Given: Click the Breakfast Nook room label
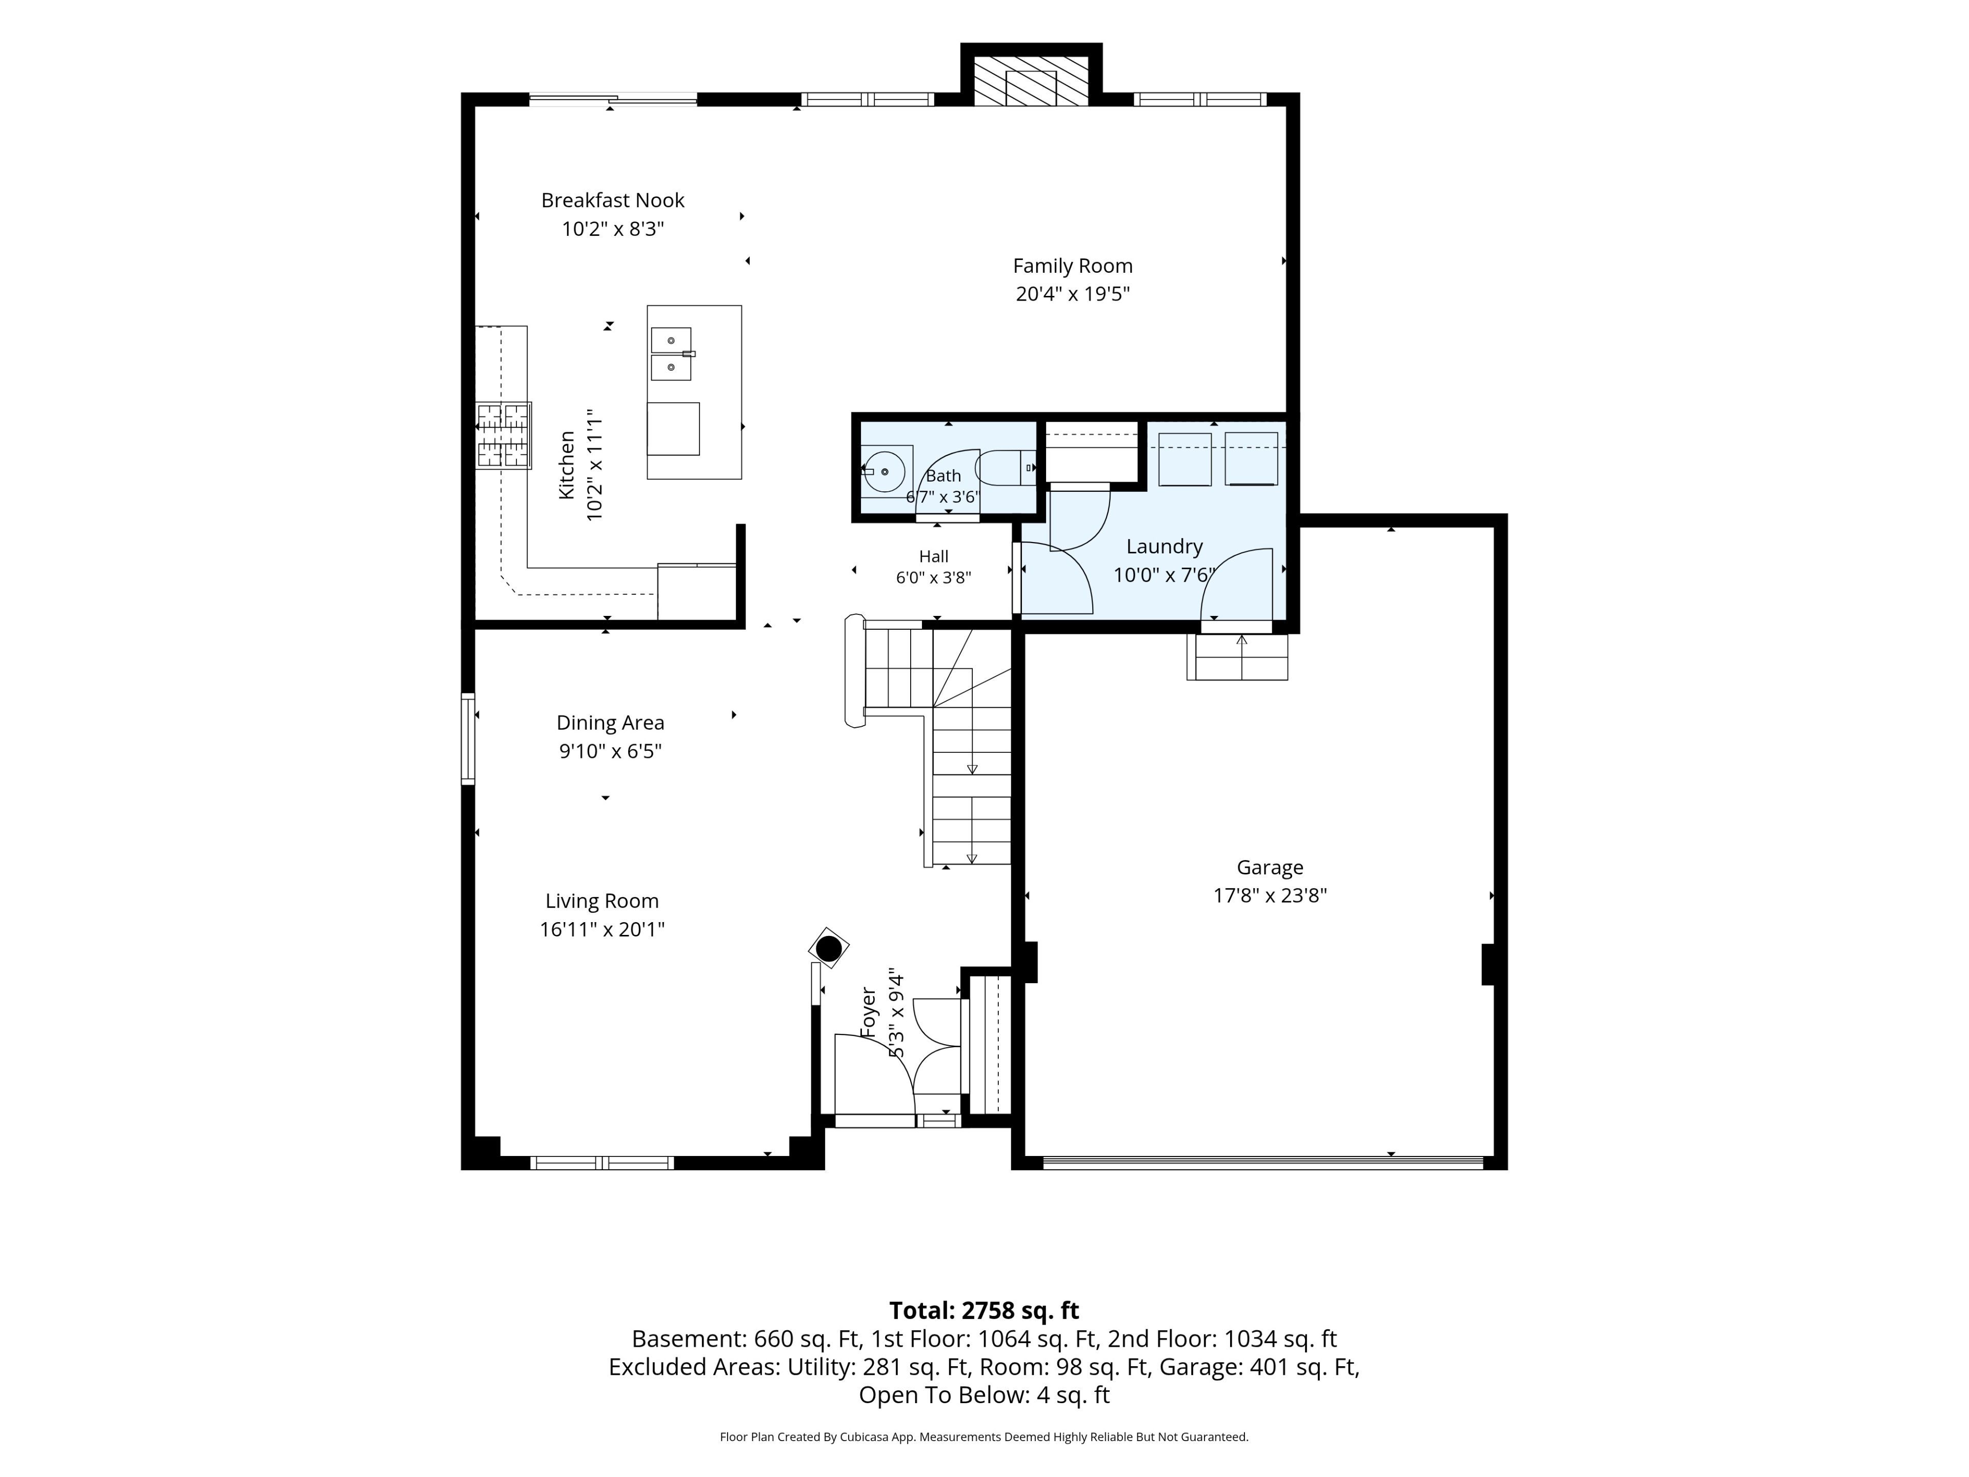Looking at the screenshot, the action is (612, 201).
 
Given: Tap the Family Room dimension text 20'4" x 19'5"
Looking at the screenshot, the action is (1073, 294).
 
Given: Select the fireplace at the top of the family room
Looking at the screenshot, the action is (1031, 82).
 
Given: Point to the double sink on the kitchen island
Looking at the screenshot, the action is (672, 353).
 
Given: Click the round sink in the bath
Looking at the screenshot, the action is (884, 471).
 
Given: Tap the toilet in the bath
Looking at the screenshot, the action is (1007, 467).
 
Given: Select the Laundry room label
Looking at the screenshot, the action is (1164, 547).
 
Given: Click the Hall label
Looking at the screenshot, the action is (934, 556).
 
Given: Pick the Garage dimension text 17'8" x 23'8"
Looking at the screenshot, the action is (1270, 895).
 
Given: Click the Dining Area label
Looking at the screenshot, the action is (611, 723).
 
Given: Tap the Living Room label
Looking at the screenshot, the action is (602, 901).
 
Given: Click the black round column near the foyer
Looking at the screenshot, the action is (829, 949).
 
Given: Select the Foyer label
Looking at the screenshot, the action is (869, 1013).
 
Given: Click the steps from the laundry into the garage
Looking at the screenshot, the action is (1237, 657).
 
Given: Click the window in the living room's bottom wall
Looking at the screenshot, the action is (602, 1163).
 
